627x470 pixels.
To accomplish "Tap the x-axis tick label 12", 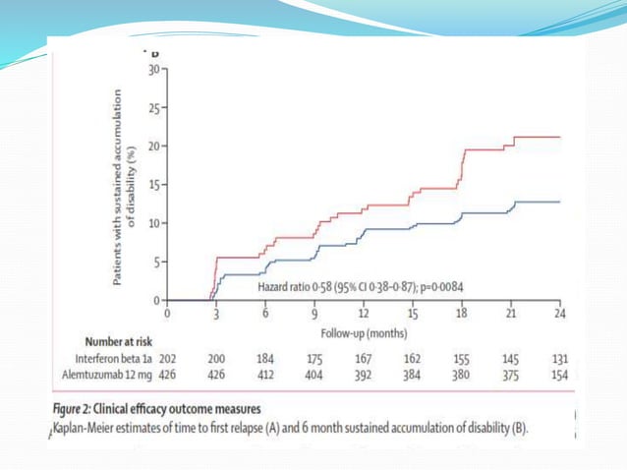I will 363,314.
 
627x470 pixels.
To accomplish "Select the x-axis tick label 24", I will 559,314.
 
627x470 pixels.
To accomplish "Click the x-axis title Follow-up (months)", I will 363,333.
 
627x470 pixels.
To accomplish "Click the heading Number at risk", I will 123,342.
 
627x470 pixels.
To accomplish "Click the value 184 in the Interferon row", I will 265,359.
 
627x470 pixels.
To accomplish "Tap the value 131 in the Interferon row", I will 559,359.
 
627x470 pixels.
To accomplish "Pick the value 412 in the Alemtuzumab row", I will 265,375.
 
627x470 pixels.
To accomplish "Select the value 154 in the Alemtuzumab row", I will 559,375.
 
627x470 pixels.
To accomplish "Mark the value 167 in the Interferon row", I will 363,359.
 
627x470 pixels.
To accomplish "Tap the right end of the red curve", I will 559,138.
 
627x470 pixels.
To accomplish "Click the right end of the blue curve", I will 559,202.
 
